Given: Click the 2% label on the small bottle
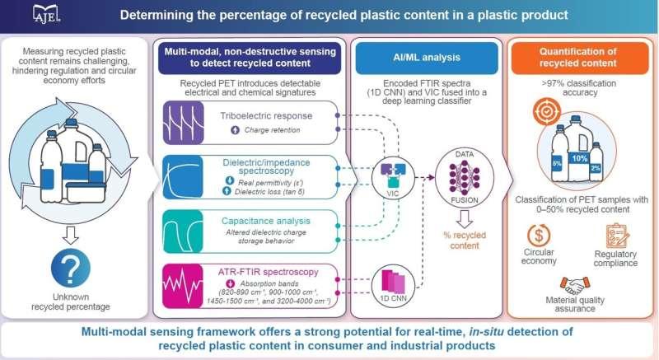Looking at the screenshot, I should [x=594, y=189].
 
